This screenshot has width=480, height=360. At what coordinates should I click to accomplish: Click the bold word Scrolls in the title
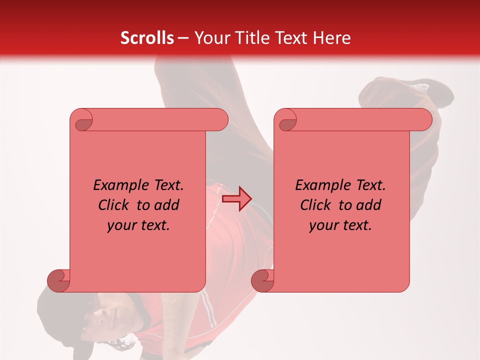point(147,37)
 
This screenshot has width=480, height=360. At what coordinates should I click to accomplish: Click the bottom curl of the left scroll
point(59,280)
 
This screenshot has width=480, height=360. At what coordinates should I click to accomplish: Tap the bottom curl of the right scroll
point(263,280)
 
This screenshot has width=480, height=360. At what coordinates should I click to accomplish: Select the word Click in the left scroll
point(114,205)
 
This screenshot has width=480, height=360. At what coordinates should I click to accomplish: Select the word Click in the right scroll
point(316,205)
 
